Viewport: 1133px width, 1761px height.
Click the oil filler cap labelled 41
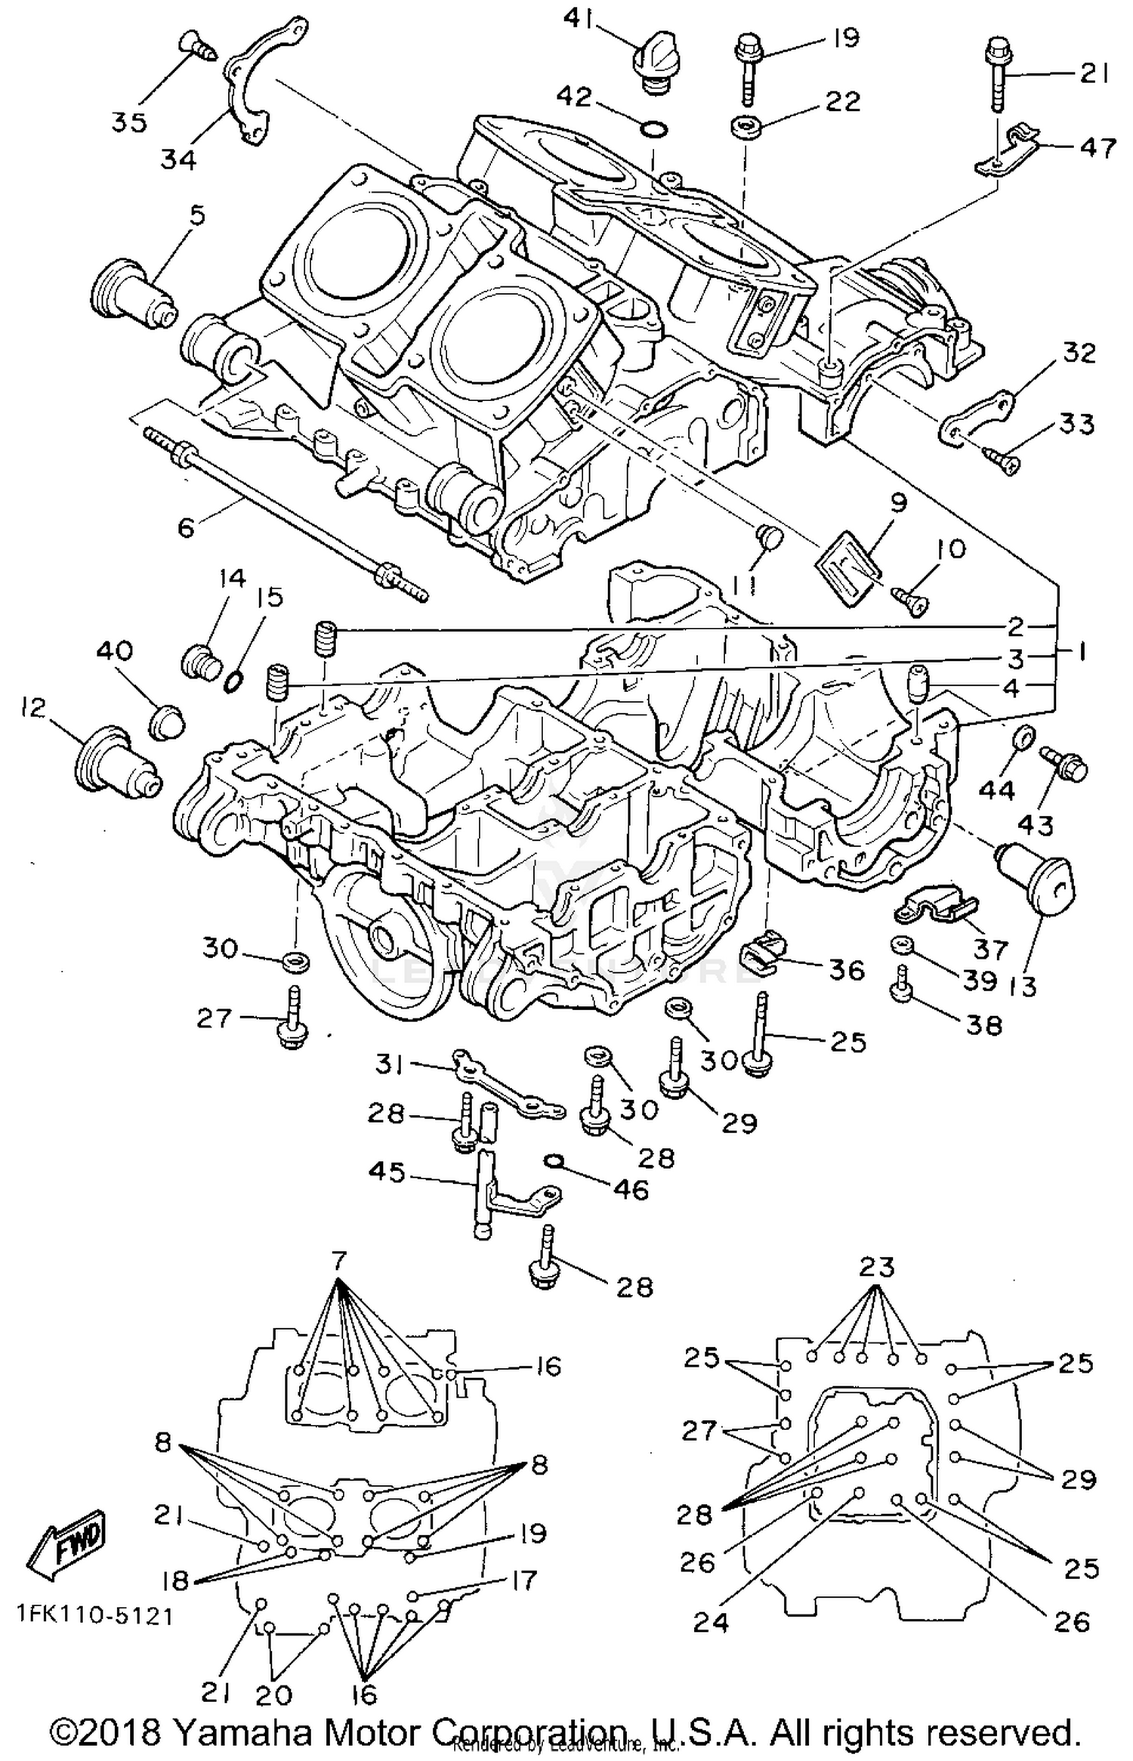(x=652, y=69)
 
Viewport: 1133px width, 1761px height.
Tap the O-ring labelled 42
(x=654, y=130)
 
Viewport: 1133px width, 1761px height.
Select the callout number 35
(x=129, y=122)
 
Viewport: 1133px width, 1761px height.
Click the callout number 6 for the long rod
(x=186, y=527)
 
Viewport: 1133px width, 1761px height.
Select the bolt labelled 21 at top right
(x=997, y=78)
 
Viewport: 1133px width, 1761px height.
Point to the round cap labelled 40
(x=168, y=724)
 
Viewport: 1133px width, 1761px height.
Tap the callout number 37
(x=991, y=948)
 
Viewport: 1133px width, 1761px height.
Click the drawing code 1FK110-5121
(x=96, y=1615)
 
